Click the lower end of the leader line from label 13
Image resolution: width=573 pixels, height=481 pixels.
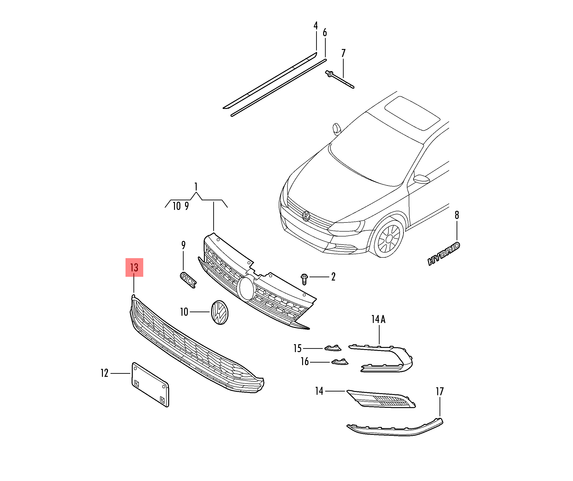(134, 293)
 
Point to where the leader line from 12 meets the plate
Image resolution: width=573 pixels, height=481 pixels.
(130, 373)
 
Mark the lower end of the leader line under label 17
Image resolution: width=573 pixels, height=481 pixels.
(440, 416)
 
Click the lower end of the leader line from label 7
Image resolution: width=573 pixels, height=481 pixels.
(343, 78)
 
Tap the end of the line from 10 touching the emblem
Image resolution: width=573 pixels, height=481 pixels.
(210, 312)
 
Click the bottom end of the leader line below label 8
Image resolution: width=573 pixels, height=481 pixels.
(457, 240)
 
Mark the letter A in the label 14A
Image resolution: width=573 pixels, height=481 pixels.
(383, 319)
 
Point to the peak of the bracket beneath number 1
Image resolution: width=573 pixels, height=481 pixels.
(196, 193)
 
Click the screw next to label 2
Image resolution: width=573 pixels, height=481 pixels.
(304, 279)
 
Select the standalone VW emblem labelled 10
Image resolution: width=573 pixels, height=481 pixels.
(220, 312)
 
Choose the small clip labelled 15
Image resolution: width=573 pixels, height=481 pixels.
(333, 348)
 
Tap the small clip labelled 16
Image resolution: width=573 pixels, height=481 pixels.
(340, 362)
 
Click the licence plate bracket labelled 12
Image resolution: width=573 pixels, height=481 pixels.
(150, 384)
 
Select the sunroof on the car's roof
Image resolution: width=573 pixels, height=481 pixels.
(412, 113)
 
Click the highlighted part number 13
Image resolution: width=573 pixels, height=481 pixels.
(134, 267)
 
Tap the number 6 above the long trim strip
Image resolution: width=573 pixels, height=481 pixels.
(325, 33)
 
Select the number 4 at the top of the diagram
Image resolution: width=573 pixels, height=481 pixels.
(316, 26)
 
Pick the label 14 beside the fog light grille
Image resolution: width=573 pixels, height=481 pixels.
(319, 391)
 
